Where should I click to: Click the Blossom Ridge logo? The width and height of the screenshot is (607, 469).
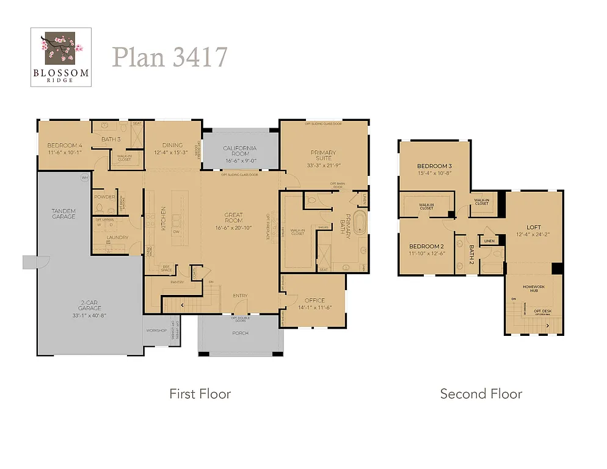[x=61, y=57]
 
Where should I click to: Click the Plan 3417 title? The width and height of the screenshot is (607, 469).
[x=170, y=57]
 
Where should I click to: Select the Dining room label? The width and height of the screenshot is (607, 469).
[x=173, y=145]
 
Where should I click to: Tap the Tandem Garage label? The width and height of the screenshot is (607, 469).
[x=64, y=214]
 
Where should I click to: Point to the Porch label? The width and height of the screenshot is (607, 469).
[x=240, y=333]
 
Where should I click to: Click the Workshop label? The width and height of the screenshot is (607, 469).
[x=156, y=330]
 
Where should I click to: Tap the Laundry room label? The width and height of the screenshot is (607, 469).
[x=117, y=238]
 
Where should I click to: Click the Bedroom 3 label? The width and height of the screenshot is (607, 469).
[x=434, y=166]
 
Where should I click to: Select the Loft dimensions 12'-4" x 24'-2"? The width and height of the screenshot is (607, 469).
[x=533, y=234]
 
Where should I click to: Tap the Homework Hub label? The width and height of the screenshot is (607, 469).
[x=529, y=288]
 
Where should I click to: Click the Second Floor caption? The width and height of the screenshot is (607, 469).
[x=481, y=394]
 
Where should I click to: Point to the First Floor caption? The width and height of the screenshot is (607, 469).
[x=200, y=394]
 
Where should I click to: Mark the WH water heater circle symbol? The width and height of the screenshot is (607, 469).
[x=84, y=178]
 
